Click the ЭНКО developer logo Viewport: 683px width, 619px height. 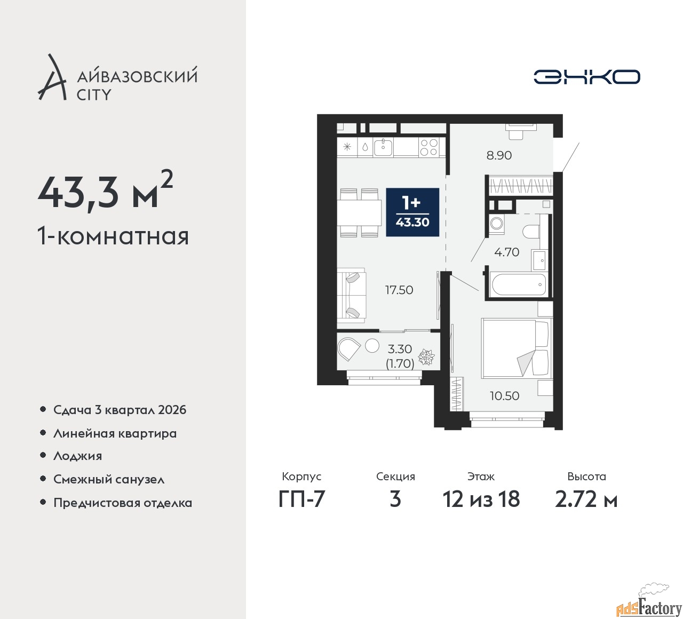(x=586, y=77)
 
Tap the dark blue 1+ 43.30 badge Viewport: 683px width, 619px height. (x=412, y=212)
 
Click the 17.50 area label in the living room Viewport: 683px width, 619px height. (x=399, y=290)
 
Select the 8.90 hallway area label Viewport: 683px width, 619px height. (x=499, y=156)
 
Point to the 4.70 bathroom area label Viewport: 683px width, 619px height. (x=506, y=252)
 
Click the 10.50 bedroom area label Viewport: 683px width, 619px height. (x=505, y=396)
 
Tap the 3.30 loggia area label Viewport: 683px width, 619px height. (x=400, y=349)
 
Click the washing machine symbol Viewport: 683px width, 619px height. (x=496, y=224)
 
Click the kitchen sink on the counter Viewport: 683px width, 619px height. (x=383, y=147)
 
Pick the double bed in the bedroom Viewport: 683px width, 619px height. (x=516, y=348)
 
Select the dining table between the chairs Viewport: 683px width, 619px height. (x=359, y=212)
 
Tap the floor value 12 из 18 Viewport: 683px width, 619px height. (x=481, y=499)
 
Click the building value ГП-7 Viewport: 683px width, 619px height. (x=301, y=499)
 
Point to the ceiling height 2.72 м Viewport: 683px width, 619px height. (x=586, y=499)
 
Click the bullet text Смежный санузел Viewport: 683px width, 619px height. (x=109, y=479)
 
